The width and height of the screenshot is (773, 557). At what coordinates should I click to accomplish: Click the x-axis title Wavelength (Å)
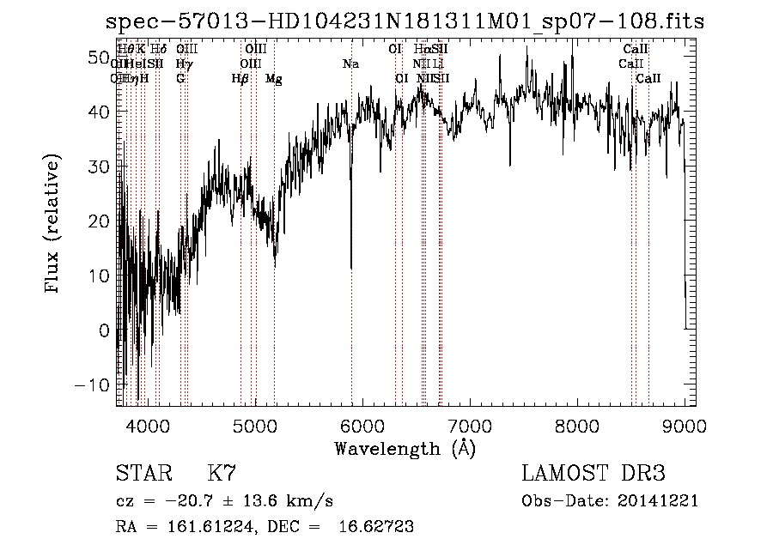pos(405,448)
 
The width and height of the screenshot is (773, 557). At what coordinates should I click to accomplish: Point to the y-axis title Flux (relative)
pos(54,225)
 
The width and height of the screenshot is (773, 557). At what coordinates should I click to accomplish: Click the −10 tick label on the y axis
pos(94,384)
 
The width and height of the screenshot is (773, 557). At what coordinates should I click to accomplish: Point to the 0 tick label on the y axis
pos(105,330)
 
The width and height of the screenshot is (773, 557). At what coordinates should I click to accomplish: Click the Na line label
pos(350,64)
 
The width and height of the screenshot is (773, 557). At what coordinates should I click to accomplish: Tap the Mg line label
pos(274,79)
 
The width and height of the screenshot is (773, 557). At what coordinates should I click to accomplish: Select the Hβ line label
pos(240,79)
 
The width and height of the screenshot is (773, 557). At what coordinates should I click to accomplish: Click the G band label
pos(180,79)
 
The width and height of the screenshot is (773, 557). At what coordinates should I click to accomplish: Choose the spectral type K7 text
pos(221,474)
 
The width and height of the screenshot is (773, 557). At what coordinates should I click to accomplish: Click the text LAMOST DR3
pos(593,474)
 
